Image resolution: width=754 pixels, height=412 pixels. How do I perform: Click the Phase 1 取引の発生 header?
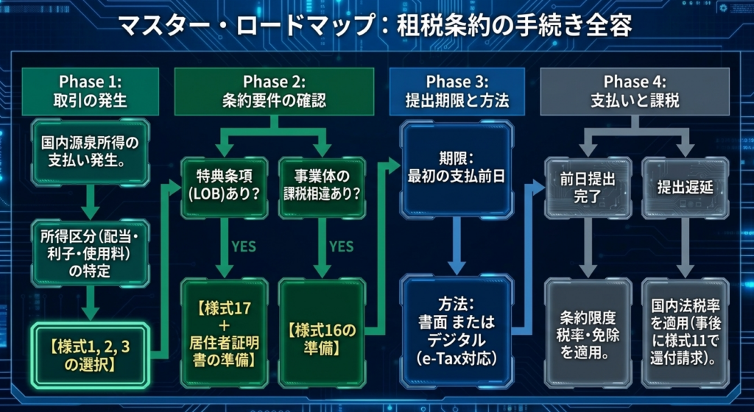[x=91, y=90]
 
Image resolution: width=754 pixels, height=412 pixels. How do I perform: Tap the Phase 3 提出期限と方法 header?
[x=457, y=90]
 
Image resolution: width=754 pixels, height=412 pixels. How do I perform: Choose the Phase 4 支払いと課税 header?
[x=635, y=90]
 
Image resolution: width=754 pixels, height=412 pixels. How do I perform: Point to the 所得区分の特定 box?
[x=91, y=252]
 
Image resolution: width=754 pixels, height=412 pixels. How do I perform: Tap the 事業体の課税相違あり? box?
[x=321, y=186]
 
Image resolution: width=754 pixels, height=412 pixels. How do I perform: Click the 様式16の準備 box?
[x=322, y=333]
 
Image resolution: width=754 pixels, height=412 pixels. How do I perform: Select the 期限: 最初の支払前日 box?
[x=457, y=167]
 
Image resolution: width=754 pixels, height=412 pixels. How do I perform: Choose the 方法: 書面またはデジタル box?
[x=457, y=331]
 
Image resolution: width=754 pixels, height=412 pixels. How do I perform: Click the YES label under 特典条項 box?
[x=243, y=246]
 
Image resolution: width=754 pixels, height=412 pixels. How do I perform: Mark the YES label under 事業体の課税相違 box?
[x=341, y=246]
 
